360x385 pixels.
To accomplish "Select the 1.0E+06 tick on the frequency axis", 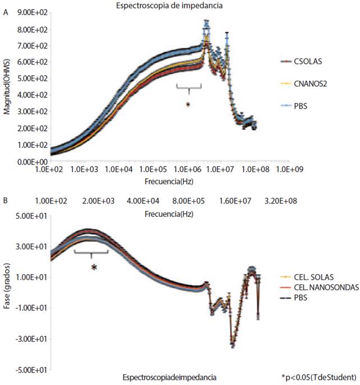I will coord(184,169).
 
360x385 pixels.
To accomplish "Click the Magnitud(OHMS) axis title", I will coord(7,86).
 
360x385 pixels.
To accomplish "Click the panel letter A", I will coord(5,13).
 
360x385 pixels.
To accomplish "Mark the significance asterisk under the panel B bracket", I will coord(94,268).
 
